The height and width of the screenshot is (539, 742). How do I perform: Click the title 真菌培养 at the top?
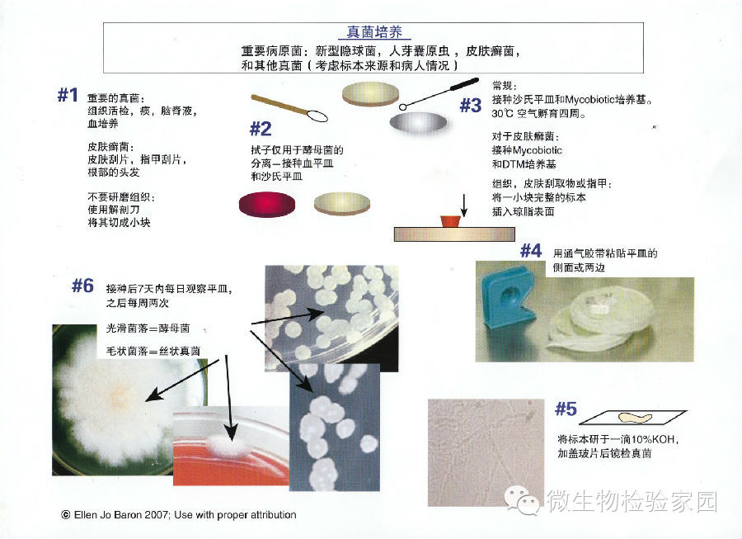[374, 32]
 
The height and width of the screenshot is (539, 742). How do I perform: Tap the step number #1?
[68, 95]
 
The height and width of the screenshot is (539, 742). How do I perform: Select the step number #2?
[261, 129]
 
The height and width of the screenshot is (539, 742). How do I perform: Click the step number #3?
[471, 105]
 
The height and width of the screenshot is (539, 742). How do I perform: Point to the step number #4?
[531, 251]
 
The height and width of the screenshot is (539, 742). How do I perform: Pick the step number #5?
[566, 409]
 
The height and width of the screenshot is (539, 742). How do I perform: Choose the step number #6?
[82, 286]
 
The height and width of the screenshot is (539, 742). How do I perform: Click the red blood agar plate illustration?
[267, 204]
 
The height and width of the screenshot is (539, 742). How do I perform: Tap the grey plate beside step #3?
[418, 122]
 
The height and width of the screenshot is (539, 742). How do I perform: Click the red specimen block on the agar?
[450, 221]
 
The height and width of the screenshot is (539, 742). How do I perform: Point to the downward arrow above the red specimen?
[464, 205]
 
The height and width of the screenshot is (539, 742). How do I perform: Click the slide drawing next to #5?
[632, 418]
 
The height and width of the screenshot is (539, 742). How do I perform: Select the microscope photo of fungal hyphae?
[479, 452]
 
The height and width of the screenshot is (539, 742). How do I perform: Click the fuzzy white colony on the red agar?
[228, 445]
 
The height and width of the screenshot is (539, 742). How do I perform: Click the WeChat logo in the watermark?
[523, 501]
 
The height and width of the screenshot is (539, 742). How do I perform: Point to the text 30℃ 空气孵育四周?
[539, 114]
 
